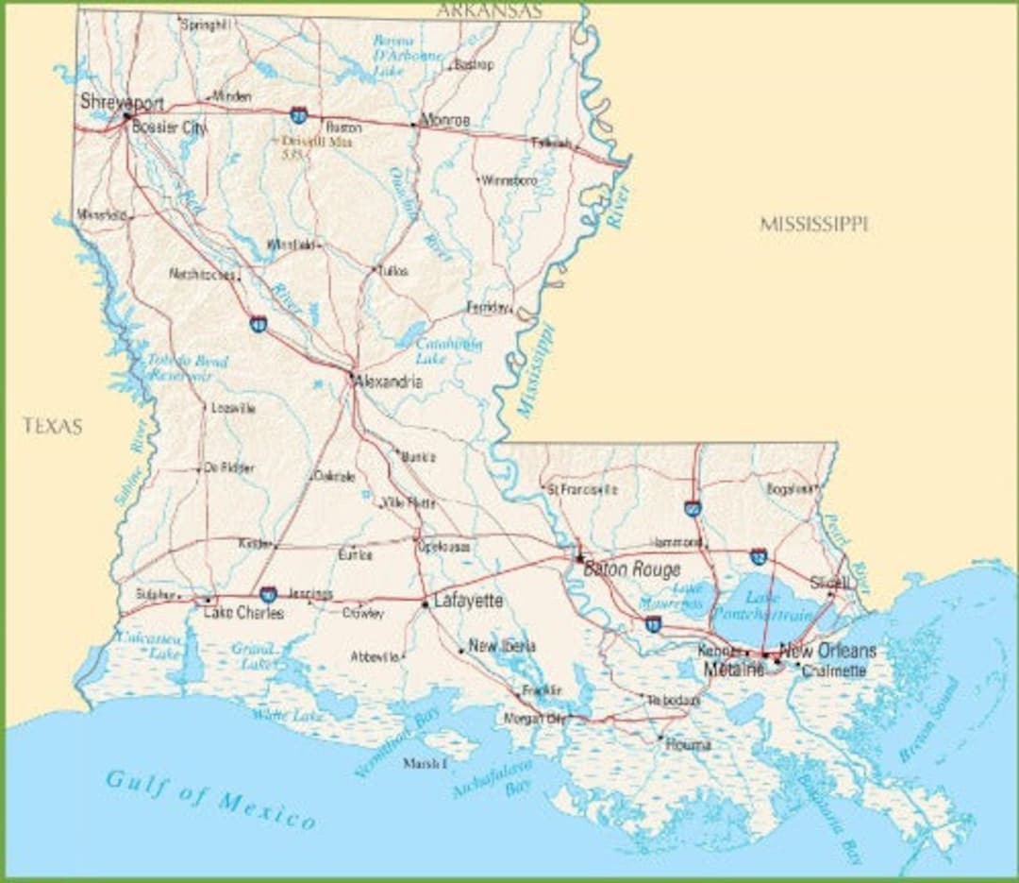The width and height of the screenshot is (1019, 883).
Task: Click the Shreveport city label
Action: [x=122, y=102]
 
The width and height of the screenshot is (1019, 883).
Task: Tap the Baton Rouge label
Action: [x=631, y=569]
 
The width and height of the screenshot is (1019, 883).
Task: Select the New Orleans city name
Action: [x=827, y=651]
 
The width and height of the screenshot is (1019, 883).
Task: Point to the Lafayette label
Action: [x=468, y=601]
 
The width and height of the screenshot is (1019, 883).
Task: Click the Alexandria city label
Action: [x=388, y=382]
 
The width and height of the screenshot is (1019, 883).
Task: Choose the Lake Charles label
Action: [x=243, y=613]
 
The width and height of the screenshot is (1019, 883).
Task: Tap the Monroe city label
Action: [x=443, y=121]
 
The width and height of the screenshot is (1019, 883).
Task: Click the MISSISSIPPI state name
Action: [x=813, y=224]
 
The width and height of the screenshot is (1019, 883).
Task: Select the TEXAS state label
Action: [x=53, y=426]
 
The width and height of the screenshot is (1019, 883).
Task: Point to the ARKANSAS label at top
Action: [x=489, y=11]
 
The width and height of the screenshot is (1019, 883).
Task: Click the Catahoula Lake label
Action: [x=448, y=350]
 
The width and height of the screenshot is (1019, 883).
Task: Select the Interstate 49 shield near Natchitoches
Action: [x=259, y=324]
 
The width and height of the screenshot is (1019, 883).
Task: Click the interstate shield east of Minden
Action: [x=299, y=114]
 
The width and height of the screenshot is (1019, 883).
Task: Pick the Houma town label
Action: [x=688, y=744]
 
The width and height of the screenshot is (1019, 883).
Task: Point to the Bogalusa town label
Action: [x=788, y=488]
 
